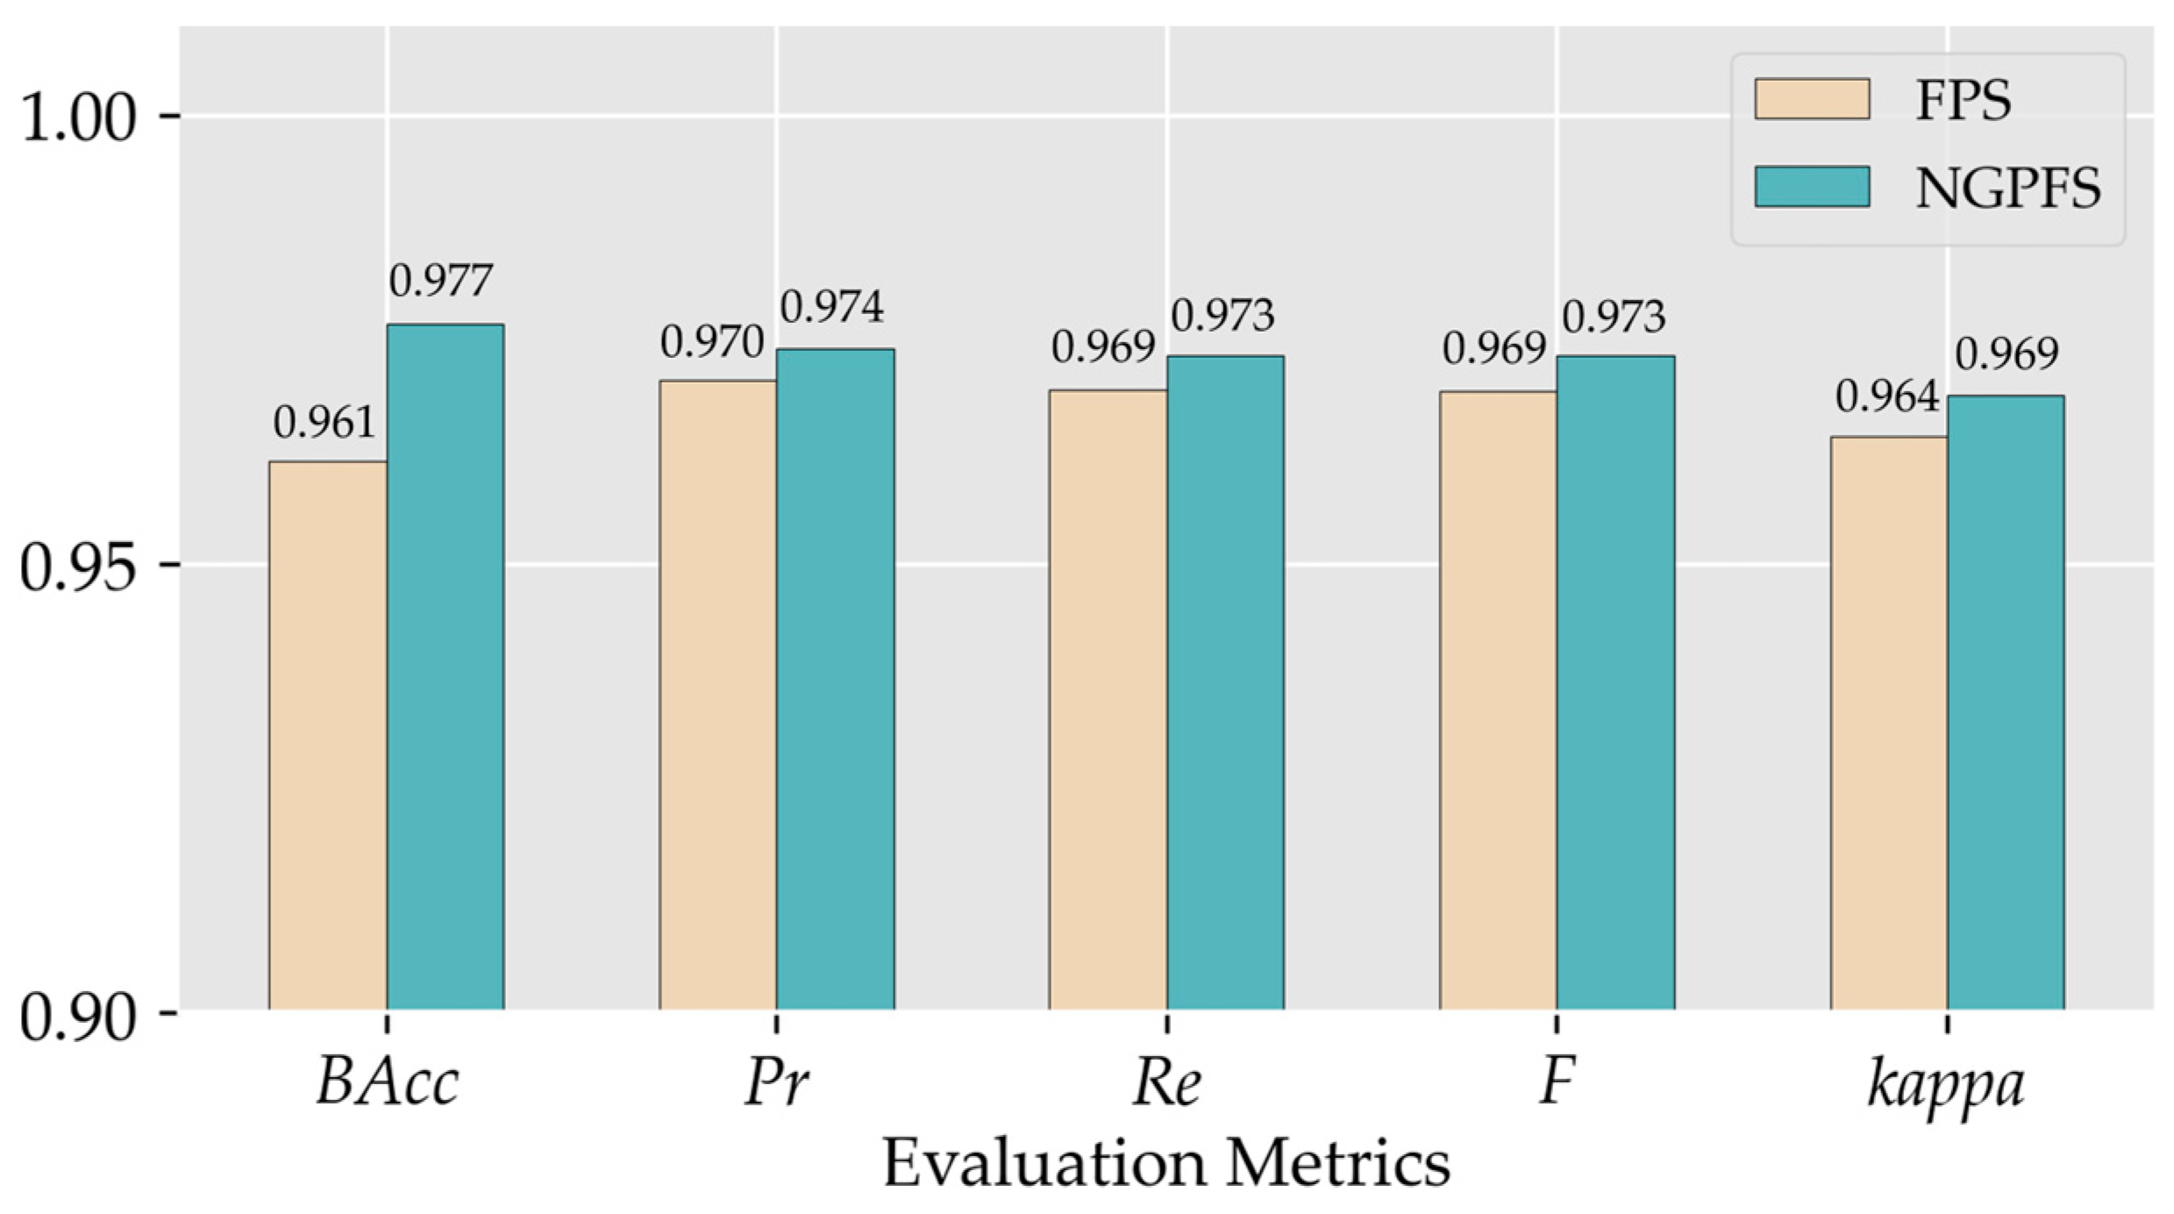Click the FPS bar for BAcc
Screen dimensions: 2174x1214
328,736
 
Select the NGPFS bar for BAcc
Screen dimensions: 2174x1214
445,668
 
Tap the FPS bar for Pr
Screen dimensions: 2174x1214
718,696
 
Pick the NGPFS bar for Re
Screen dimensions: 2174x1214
1225,683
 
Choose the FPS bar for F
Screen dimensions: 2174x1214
1498,701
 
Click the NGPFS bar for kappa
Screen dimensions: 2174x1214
2006,703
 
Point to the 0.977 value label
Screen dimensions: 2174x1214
442,282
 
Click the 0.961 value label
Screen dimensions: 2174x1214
324,424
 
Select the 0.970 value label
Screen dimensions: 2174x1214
713,342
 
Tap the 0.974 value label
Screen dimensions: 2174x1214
832,307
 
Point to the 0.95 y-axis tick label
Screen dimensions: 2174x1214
79,566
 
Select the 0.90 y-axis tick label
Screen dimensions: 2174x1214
79,1015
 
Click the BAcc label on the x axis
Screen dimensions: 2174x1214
388,1082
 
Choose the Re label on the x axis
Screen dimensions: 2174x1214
1166,1082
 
